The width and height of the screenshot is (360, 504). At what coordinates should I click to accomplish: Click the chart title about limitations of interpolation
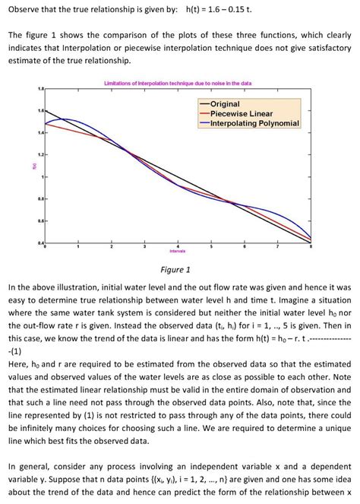pyautogui.click(x=178, y=82)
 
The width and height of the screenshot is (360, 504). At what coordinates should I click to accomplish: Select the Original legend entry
pyautogui.click(x=224, y=103)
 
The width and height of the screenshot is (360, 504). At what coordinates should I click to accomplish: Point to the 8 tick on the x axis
pyautogui.click(x=311, y=246)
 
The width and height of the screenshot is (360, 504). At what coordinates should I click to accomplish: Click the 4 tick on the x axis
pyautogui.click(x=178, y=246)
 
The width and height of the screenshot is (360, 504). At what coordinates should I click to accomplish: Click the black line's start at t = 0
pyautogui.click(x=45, y=111)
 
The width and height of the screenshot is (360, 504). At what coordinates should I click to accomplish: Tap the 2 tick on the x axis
pyautogui.click(x=111, y=246)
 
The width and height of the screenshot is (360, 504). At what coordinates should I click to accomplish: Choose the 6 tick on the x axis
pyautogui.click(x=244, y=246)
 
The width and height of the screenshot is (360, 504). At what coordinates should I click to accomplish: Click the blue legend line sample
pyautogui.click(x=204, y=123)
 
